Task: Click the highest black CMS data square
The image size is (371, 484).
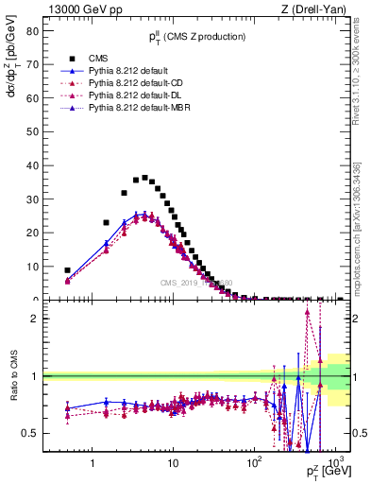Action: click(x=144, y=178)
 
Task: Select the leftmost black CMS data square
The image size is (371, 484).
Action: click(x=67, y=270)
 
